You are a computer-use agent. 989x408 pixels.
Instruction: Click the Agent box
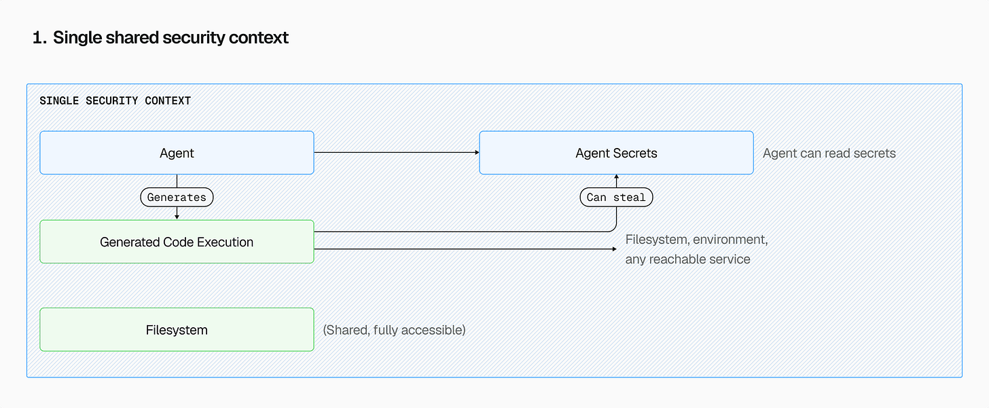pyautogui.click(x=177, y=153)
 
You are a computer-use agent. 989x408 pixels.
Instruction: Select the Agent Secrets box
pyautogui.click(x=616, y=153)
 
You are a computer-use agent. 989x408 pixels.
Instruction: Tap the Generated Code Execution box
pyautogui.click(x=177, y=242)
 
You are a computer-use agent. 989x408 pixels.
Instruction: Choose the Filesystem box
pyautogui.click(x=177, y=330)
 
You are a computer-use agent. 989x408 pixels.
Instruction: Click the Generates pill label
pyautogui.click(x=177, y=198)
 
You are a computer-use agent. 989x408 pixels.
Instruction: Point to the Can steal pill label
pyautogui.click(x=616, y=198)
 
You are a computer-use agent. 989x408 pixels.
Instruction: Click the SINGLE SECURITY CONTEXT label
pyautogui.click(x=115, y=100)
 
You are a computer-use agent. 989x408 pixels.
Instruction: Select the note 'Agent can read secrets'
pyautogui.click(x=829, y=153)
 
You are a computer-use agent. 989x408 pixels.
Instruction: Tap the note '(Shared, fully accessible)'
pyautogui.click(x=394, y=331)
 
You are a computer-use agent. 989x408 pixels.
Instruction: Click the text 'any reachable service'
pyautogui.click(x=687, y=259)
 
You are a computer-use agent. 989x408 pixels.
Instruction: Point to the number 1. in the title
pyautogui.click(x=39, y=38)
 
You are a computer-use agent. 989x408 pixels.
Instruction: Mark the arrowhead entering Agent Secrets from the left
pyautogui.click(x=477, y=153)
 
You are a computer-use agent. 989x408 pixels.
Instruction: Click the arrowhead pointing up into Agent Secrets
pyautogui.click(x=616, y=177)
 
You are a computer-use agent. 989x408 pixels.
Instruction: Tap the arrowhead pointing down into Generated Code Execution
pyautogui.click(x=177, y=217)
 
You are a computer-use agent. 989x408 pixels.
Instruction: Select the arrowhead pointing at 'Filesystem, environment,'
pyautogui.click(x=615, y=249)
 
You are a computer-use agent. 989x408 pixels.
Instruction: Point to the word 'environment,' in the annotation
pyautogui.click(x=730, y=240)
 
